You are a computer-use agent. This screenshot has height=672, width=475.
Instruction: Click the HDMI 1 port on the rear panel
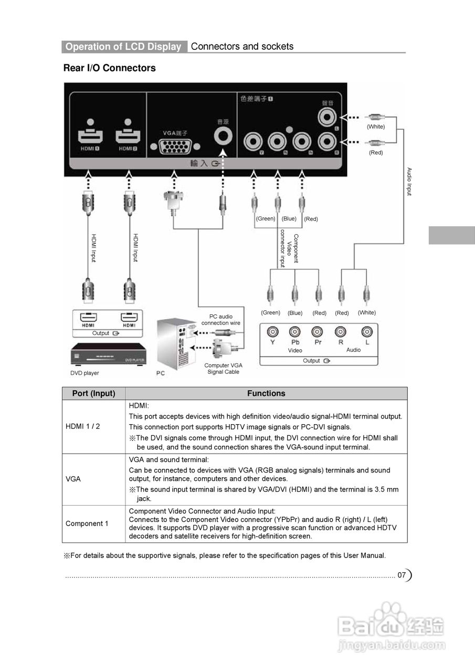pos(90,136)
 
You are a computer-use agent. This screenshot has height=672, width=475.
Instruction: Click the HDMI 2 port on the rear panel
pos(128,136)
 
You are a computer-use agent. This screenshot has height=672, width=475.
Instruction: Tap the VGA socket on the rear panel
pos(174,146)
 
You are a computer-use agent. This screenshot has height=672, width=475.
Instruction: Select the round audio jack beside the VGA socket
pos(224,136)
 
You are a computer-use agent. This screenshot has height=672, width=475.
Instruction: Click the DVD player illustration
pos(108,355)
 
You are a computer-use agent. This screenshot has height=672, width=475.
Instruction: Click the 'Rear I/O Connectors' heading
pos(109,68)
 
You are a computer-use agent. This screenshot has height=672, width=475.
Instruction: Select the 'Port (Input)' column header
pos(93,393)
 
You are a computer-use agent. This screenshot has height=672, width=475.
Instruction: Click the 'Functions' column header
pos(266,393)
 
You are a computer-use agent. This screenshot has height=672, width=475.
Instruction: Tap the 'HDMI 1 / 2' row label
pos(82,426)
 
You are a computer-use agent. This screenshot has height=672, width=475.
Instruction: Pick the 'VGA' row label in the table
pos(73,479)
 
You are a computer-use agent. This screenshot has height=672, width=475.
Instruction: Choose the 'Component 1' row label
pos(87,523)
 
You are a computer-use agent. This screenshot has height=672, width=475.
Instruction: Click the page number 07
pos(402,575)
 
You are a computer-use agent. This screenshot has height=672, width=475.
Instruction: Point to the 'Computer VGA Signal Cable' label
pos(223,369)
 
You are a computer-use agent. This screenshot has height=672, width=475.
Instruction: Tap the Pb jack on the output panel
pos(295,332)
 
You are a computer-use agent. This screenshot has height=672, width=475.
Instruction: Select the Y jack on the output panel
pos(272,332)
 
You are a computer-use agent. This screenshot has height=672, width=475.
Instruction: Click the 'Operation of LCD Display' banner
pos(123,47)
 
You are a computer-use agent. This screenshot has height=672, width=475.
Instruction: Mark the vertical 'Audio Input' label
pos(409,182)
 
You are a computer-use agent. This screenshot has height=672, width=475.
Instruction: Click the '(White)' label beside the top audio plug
pos(376,127)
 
